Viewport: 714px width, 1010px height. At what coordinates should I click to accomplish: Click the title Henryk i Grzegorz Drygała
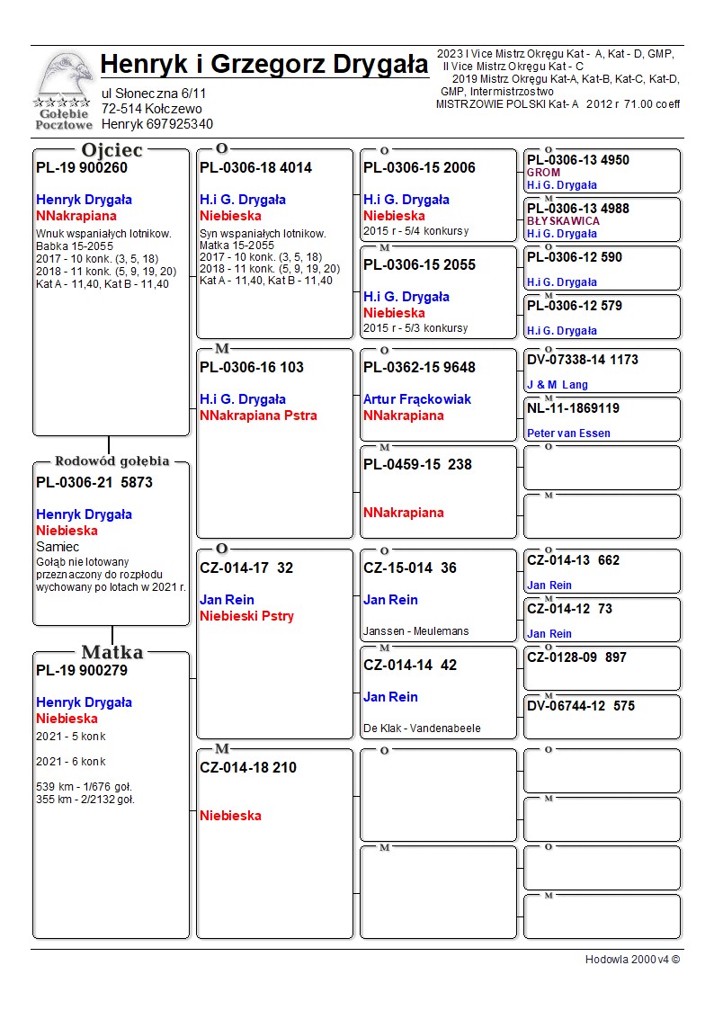(264, 65)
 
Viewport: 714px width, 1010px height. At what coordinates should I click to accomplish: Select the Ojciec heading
(112, 150)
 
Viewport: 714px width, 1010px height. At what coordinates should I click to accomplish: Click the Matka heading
(112, 652)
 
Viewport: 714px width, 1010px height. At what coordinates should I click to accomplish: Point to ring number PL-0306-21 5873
(94, 482)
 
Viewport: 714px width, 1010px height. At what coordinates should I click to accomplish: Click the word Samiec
(58, 547)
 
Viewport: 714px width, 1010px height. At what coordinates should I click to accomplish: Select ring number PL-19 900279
(82, 670)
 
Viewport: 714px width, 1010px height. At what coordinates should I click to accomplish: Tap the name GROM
(543, 173)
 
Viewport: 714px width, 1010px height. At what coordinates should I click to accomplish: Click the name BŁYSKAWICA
(563, 221)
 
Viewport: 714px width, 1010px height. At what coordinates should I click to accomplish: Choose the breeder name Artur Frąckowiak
(416, 399)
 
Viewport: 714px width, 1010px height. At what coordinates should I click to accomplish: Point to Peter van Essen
(568, 433)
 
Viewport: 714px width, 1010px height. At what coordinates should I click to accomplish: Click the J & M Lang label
(557, 385)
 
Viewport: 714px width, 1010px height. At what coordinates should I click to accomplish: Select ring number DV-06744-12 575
(581, 706)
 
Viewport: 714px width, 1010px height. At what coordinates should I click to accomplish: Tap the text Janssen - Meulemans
(415, 631)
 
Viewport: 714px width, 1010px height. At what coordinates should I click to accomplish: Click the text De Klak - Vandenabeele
(422, 728)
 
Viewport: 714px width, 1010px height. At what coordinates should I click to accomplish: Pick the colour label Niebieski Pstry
(246, 616)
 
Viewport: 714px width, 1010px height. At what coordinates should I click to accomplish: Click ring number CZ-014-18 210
(248, 767)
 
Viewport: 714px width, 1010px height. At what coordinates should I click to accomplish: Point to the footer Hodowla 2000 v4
(632, 960)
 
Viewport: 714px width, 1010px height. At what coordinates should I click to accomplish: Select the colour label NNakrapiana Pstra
(258, 416)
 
